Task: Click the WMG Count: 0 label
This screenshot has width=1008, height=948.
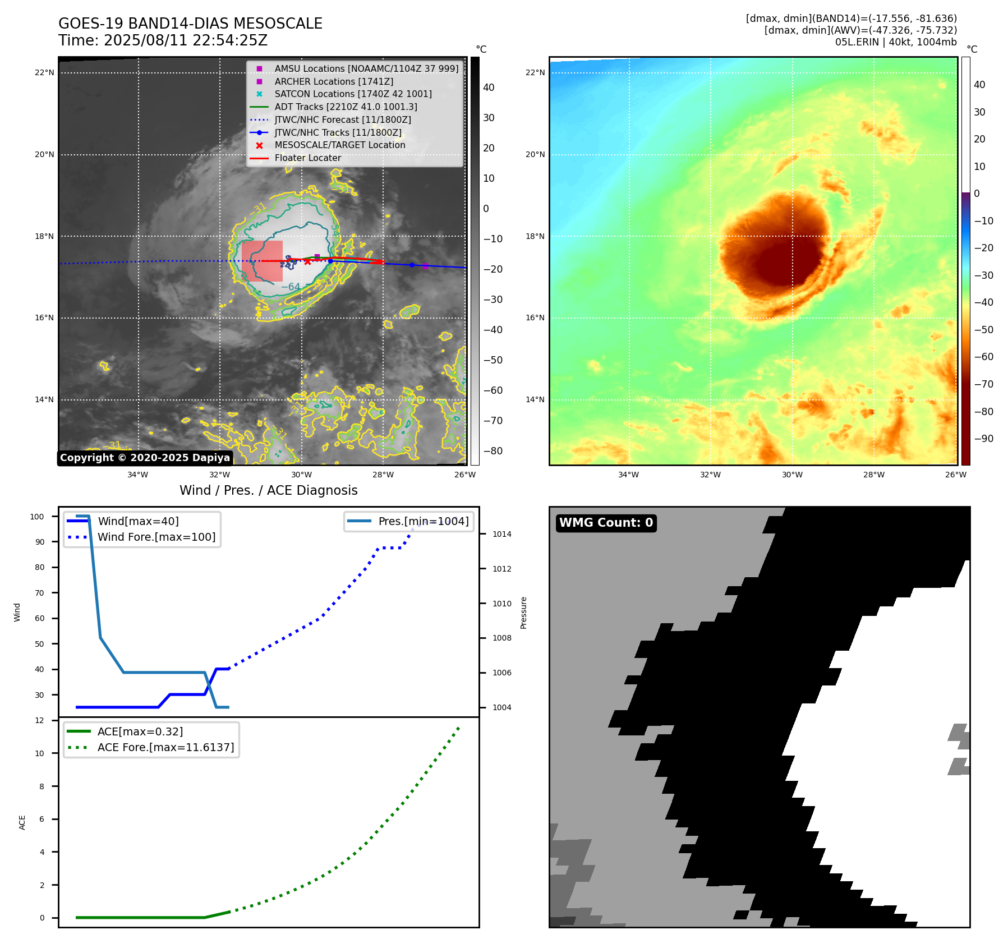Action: click(606, 523)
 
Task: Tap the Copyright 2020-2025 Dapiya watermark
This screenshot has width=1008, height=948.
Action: click(145, 458)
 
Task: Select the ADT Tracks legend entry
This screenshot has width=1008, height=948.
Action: click(346, 107)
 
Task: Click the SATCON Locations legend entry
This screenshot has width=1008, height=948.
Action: click(353, 94)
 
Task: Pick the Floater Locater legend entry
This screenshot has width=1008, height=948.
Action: click(307, 158)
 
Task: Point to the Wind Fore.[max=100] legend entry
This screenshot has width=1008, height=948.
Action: click(157, 537)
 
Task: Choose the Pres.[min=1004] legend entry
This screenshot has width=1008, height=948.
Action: click(423, 521)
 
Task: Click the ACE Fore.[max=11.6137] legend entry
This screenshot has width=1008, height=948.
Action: click(165, 747)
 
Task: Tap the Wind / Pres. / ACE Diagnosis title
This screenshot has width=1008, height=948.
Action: click(268, 490)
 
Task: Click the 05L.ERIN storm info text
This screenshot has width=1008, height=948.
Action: click(895, 42)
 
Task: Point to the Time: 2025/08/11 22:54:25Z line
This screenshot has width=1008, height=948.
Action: click(163, 40)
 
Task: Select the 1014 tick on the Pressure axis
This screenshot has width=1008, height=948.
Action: click(501, 534)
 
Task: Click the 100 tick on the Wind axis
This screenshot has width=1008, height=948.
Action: click(37, 517)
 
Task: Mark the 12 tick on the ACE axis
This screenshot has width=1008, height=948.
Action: click(39, 720)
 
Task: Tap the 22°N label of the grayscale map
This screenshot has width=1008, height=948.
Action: click(44, 72)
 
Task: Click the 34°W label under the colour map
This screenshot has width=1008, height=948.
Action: click(628, 475)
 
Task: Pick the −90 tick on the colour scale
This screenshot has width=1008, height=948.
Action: click(983, 439)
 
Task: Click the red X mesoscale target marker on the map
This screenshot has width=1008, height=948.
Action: click(307, 261)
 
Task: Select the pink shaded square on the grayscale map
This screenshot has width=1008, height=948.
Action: click(262, 261)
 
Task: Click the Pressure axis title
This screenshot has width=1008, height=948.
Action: click(523, 612)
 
